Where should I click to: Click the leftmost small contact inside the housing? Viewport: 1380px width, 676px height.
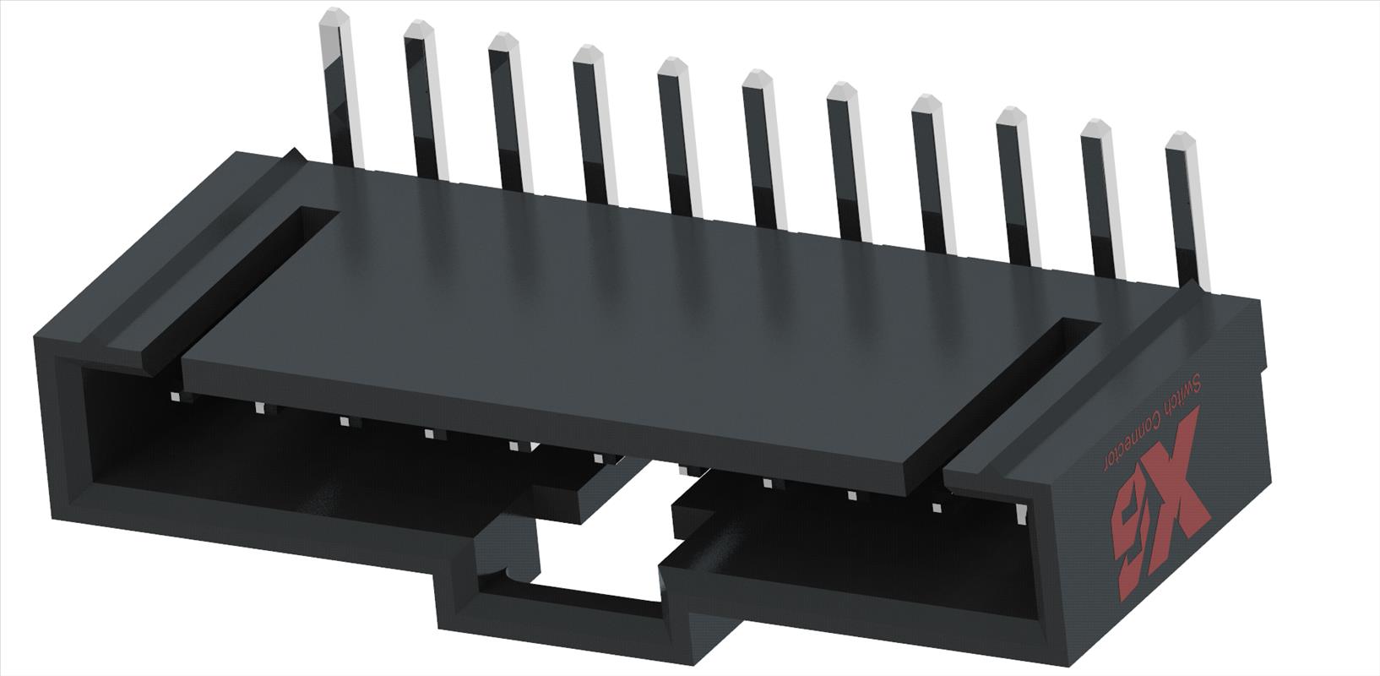point(175,397)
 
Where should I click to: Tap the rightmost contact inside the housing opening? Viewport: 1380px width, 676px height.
point(1020,512)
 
